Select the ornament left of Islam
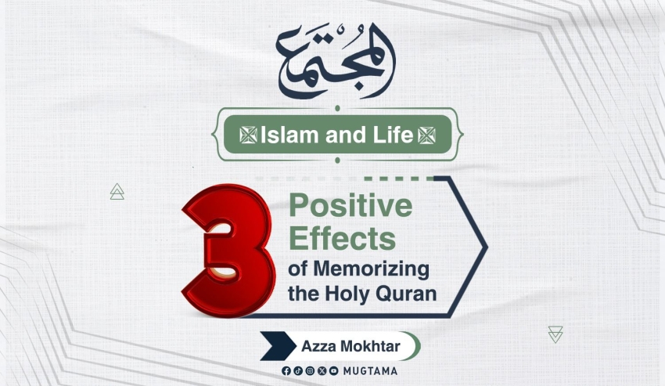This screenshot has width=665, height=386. pos(248,135)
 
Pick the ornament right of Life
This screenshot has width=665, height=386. pos(426,135)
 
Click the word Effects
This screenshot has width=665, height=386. pos(342,238)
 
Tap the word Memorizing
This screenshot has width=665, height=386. pos(371,270)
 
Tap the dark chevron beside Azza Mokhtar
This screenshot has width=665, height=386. pos(278,346)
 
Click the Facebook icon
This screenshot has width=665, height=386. pos(286,371)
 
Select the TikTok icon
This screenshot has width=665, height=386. pos(298,371)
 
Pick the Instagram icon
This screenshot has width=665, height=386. pos(310,371)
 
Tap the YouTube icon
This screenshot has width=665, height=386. pos(334,371)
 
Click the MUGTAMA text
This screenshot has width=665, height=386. pos(370,371)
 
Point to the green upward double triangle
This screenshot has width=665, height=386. pos(117,192)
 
